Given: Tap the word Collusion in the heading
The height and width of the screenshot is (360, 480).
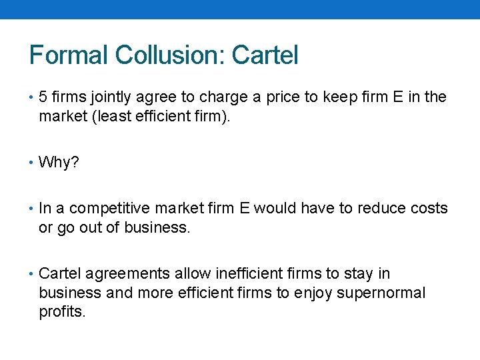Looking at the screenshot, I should tap(169, 55).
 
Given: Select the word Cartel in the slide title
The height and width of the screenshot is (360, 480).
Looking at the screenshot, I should tap(265, 55).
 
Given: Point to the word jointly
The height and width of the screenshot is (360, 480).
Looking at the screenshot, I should tap(109, 97).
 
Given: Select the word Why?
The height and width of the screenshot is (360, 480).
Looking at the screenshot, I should tap(59, 162).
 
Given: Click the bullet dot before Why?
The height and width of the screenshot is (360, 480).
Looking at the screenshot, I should tap(33, 162).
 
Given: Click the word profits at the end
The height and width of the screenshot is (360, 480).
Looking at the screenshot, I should tap(61, 311).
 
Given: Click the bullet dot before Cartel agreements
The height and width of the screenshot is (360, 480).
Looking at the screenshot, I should tap(33, 274).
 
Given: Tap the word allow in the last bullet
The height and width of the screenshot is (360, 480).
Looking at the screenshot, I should tap(190, 274).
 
